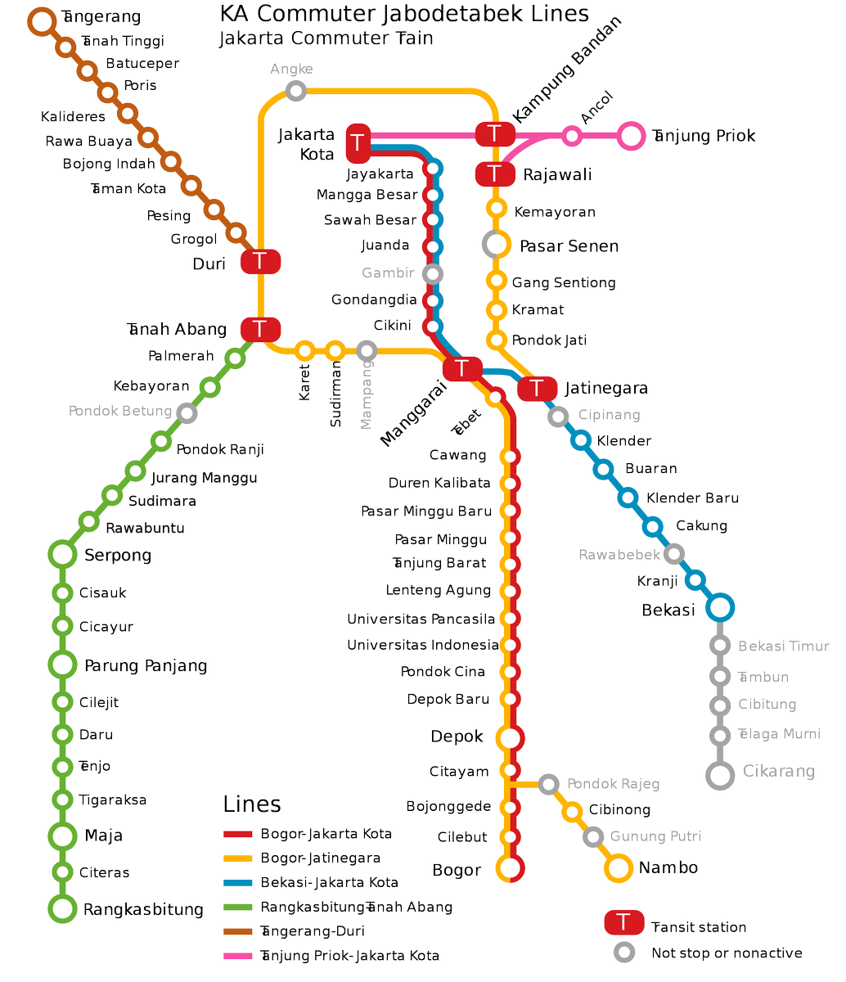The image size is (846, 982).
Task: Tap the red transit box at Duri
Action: (x=260, y=262)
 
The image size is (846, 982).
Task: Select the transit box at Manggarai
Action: (x=462, y=369)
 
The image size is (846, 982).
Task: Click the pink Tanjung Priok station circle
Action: (x=631, y=136)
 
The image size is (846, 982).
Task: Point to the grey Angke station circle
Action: (x=296, y=90)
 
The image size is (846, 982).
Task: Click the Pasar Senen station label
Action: (x=569, y=245)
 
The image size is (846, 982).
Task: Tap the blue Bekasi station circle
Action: (x=720, y=608)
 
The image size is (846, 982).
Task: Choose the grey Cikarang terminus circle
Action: (x=720, y=776)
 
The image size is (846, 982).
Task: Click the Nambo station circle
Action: (x=618, y=868)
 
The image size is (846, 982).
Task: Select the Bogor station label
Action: (x=457, y=870)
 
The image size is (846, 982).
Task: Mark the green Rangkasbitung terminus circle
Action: (x=62, y=908)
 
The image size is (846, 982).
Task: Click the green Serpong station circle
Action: (x=62, y=554)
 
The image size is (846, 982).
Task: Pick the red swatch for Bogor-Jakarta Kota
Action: (x=238, y=835)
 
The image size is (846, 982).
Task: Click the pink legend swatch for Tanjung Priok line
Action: (x=238, y=956)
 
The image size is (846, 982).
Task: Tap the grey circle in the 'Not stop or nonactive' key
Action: (x=624, y=953)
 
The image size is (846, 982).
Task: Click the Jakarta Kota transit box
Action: (x=358, y=143)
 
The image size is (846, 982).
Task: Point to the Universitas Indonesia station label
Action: (x=422, y=645)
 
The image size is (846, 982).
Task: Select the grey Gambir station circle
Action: (x=434, y=273)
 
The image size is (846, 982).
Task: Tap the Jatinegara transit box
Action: (x=537, y=389)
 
